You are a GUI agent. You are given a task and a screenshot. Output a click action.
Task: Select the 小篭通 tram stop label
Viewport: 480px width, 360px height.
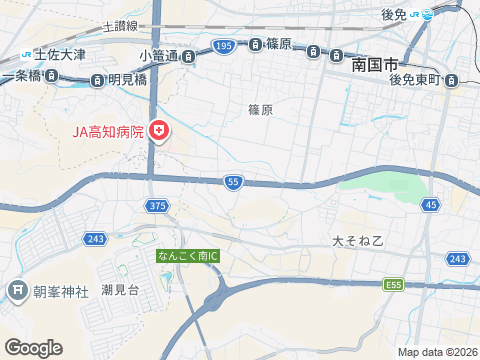click(158, 55)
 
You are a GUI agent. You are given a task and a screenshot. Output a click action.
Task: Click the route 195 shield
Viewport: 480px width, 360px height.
click(223, 46)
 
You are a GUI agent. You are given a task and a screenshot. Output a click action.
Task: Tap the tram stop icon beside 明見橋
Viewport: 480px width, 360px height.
click(97, 80)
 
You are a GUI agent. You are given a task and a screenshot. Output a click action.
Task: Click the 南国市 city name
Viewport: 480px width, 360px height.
click(375, 64)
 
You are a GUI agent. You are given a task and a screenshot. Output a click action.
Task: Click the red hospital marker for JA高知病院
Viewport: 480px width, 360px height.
click(158, 130)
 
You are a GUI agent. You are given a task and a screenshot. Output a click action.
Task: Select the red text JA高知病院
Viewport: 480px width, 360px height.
click(107, 131)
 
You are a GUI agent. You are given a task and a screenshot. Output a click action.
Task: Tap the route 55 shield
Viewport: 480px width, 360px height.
click(233, 182)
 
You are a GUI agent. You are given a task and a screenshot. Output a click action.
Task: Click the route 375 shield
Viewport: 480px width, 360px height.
click(156, 205)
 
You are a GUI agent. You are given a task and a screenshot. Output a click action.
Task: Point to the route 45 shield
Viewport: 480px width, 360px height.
click(430, 205)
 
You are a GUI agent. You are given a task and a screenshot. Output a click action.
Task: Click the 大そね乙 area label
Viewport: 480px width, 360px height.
click(358, 241)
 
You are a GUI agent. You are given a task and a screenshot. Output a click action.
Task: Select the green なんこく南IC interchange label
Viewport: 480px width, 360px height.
click(187, 256)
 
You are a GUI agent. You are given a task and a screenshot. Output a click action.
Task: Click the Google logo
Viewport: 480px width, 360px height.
click(32, 347)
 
